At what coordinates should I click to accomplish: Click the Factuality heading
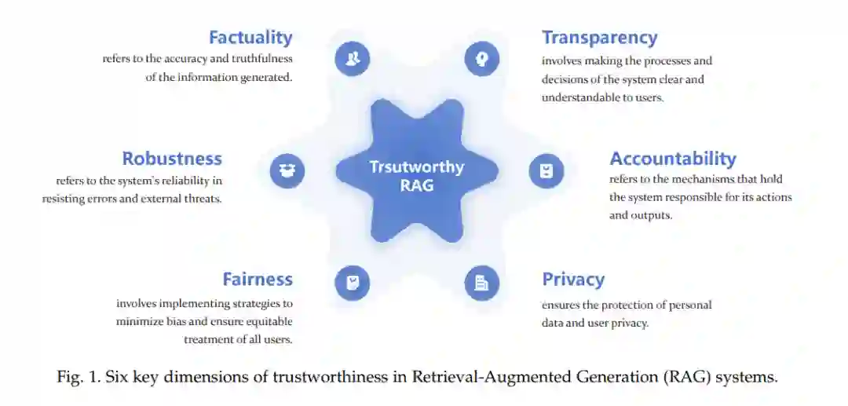point(250,37)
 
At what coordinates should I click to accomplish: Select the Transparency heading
point(599,37)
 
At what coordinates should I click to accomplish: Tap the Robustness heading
point(172,159)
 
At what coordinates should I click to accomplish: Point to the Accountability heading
point(673,159)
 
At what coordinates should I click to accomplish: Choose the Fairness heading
point(258,280)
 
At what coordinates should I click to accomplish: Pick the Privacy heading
point(573,280)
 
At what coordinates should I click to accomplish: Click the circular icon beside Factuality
point(353,58)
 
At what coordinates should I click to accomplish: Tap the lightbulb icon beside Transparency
point(481,58)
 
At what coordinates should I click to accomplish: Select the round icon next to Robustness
point(287,170)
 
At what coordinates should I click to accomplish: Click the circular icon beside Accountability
point(546,170)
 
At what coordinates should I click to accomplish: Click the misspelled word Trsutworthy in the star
point(417,167)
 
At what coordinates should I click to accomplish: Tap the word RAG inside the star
point(417,185)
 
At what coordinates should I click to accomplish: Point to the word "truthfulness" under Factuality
point(261,59)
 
